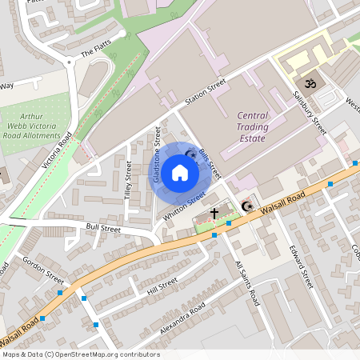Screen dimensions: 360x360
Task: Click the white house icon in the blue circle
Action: click(180, 172)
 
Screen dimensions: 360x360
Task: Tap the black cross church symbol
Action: click(214, 214)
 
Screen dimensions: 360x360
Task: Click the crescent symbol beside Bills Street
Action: click(191, 154)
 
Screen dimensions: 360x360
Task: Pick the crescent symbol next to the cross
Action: click(248, 207)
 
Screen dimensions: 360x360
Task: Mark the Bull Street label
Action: click(103, 228)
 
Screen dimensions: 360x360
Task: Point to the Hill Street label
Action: click(162, 286)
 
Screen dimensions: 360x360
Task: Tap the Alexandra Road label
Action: click(182, 318)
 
